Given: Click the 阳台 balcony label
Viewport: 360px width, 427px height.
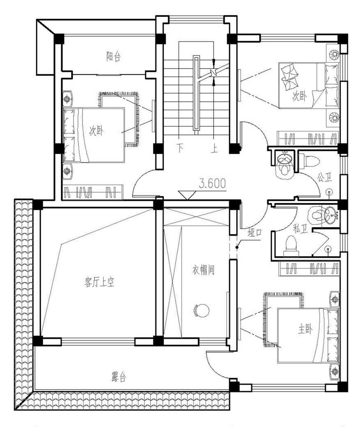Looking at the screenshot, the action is pyautogui.click(x=114, y=57).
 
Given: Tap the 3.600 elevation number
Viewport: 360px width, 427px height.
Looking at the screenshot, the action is pyautogui.click(x=212, y=183).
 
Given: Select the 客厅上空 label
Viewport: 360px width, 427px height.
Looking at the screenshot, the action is pyautogui.click(x=99, y=282).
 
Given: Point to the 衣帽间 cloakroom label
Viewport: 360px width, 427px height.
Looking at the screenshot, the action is pyautogui.click(x=203, y=270).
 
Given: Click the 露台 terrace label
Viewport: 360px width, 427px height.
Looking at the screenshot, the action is pyautogui.click(x=118, y=377).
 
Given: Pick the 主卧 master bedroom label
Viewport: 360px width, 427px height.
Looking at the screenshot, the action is pyautogui.click(x=305, y=330).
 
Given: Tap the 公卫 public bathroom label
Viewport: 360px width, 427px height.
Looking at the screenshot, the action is pyautogui.click(x=324, y=177).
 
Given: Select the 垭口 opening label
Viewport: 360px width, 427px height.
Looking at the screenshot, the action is pyautogui.click(x=255, y=232).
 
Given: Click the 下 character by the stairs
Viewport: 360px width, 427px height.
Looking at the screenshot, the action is pyautogui.click(x=180, y=148).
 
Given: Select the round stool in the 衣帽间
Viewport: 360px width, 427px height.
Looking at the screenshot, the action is pyautogui.click(x=201, y=310).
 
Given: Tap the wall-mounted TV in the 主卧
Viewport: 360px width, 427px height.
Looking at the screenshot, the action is pyautogui.click(x=239, y=324).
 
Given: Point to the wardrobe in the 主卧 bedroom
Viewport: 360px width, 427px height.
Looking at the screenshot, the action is pyautogui.click(x=309, y=268).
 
